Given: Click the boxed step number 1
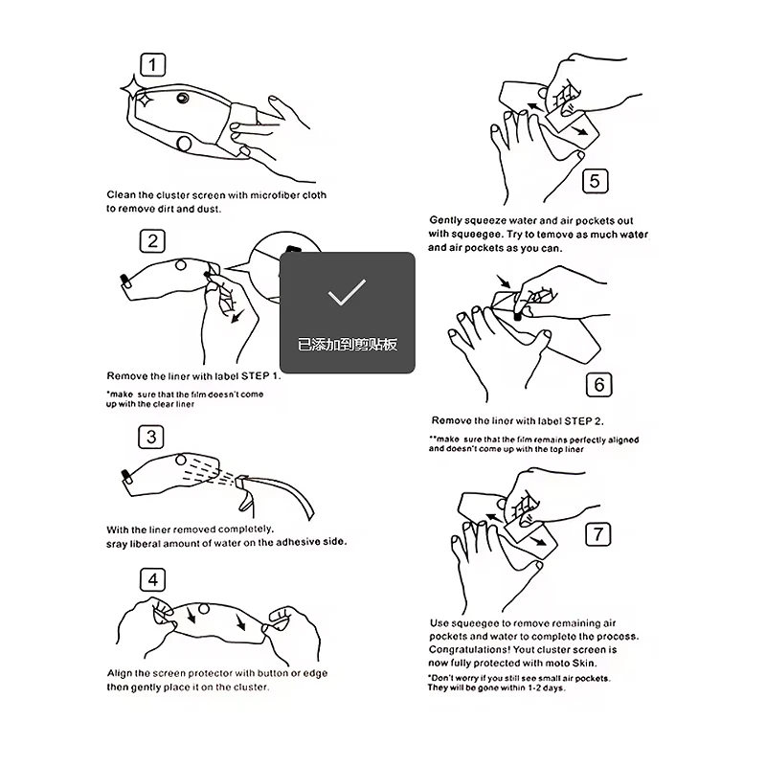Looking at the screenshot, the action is [x=153, y=65].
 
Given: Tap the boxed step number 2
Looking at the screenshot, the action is [x=152, y=241].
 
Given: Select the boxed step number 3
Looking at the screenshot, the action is [x=151, y=437].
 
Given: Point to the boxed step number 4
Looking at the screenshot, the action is [x=152, y=580].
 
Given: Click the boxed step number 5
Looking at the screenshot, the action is [x=595, y=181].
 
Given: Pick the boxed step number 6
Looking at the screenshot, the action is [x=599, y=385].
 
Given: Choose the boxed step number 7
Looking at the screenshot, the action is [x=597, y=534].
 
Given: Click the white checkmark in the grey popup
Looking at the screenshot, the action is [x=347, y=292].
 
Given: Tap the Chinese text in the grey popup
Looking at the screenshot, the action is [x=348, y=345].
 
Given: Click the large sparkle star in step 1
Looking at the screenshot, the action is [x=132, y=88].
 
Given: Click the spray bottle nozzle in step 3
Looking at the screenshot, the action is [x=240, y=483].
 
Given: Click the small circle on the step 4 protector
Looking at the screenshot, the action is [x=204, y=609].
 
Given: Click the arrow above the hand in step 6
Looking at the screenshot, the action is [x=504, y=282].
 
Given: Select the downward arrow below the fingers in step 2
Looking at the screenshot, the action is [x=237, y=315].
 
